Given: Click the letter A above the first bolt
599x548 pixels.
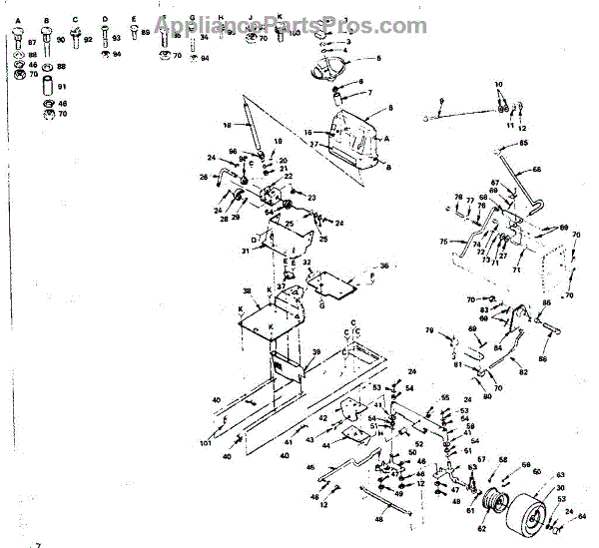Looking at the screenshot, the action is pyautogui.click(x=18, y=18).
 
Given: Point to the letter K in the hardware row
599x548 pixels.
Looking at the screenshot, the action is pyautogui.click(x=280, y=18).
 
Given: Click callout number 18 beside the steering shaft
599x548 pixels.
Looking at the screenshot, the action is pyautogui.click(x=227, y=125).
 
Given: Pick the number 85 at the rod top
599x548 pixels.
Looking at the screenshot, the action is pyautogui.click(x=551, y=143).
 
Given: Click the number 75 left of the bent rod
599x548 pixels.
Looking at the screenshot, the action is pyautogui.click(x=443, y=241).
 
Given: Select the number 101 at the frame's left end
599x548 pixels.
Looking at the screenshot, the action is pyautogui.click(x=206, y=442).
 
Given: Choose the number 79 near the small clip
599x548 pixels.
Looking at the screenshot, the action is pyautogui.click(x=428, y=329).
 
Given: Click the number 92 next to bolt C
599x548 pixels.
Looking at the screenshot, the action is pyautogui.click(x=88, y=40).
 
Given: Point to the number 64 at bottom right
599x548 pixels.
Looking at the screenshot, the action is pyautogui.click(x=583, y=516).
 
